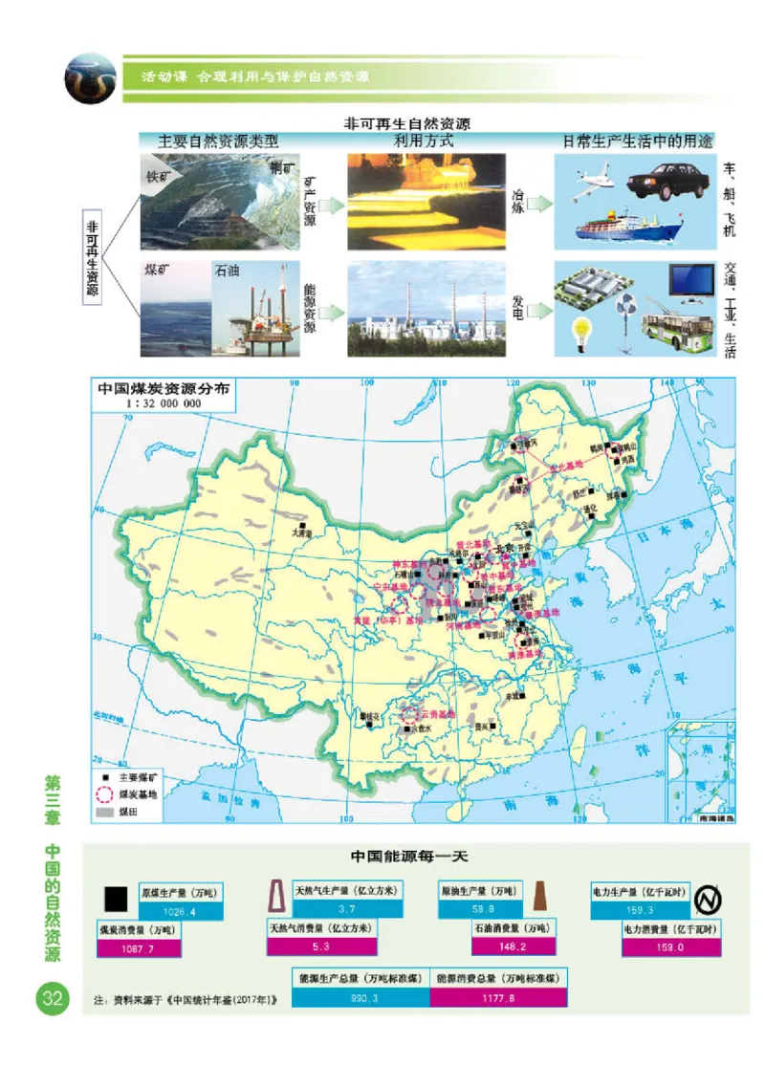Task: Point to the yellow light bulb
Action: (579, 331)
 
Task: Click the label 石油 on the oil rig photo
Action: (228, 271)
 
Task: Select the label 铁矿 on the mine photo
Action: (156, 176)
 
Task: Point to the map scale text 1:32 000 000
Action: (163, 404)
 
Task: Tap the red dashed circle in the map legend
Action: (104, 794)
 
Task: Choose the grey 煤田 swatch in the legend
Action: (104, 812)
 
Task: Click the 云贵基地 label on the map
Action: (439, 714)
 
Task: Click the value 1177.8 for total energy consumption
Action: (498, 997)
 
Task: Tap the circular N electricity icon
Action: (707, 899)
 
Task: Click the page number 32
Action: (49, 999)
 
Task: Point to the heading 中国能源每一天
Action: (408, 856)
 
